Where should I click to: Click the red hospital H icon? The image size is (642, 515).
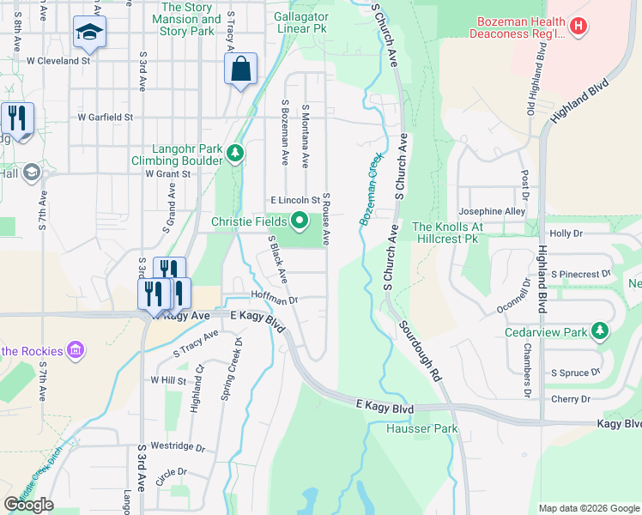point(579,27)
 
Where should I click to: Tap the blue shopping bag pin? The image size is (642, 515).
point(241,69)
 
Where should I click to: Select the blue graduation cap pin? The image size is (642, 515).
point(88,33)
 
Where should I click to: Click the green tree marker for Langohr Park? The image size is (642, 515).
point(235,153)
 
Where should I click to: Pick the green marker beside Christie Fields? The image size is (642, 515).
point(300,222)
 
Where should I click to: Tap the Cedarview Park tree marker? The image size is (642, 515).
point(600,331)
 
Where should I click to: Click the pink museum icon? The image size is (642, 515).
point(76,350)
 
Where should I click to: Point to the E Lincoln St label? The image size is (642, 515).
point(294,199)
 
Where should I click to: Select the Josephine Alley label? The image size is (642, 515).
point(492,211)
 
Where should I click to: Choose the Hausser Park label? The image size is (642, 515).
point(421,428)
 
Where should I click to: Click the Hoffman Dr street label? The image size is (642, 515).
point(274,300)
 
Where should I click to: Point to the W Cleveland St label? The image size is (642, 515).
point(58,62)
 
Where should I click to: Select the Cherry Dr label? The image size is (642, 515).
point(572,399)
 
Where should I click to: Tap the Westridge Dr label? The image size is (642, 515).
point(179,447)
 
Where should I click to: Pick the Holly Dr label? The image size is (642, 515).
point(566,233)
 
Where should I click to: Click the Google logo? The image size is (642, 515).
point(29,505)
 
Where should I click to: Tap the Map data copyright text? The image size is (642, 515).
point(588,508)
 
